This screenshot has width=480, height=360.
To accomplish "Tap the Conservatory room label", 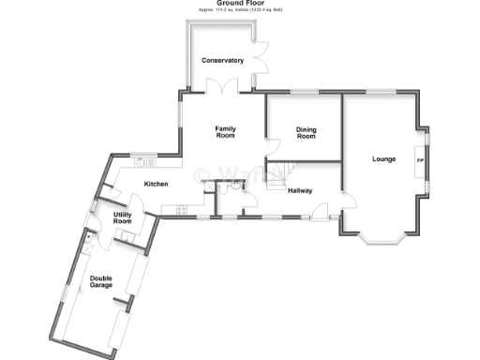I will point(223,61).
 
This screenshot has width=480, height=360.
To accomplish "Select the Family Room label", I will point(225,132).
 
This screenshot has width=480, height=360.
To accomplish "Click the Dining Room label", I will point(306,133).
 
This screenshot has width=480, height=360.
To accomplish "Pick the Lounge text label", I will point(383,158).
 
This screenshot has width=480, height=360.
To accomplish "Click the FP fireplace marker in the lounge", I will point(419,160).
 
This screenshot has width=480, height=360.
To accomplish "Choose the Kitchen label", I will point(156,184).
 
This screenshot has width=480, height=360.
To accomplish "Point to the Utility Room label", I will point(123,218).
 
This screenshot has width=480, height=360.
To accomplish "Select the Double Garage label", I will point(102,281).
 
